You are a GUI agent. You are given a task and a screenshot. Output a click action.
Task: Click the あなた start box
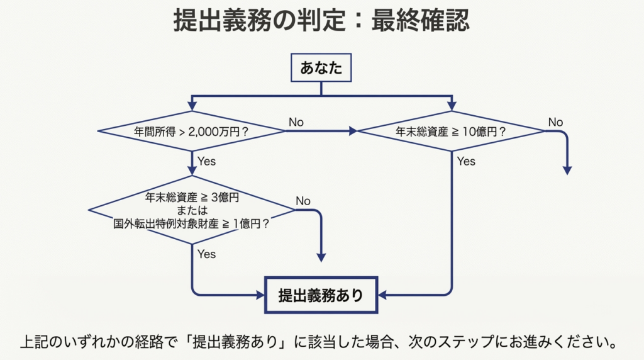tap(321, 68)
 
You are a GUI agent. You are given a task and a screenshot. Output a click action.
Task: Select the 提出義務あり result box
tap(321, 295)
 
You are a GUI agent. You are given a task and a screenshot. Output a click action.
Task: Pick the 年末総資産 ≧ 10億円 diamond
tap(451, 132)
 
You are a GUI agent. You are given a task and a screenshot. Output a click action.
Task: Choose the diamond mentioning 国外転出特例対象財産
tap(192, 210)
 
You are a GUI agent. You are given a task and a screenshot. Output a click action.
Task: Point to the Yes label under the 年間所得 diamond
tap(206, 162)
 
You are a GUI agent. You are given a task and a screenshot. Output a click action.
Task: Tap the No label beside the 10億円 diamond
tap(555, 122)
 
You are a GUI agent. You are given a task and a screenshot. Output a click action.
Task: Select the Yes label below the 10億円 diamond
tap(466, 162)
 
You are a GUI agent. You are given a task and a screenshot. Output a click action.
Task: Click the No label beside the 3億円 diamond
tap(303, 201)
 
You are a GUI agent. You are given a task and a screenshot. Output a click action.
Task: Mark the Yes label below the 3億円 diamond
tap(206, 254)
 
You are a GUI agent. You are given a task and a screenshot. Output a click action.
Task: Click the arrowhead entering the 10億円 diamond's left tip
tap(353, 132)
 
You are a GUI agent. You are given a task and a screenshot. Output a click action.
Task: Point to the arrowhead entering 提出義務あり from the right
tap(383, 295)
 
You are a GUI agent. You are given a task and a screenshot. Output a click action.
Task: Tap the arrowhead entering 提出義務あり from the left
tap(259, 295)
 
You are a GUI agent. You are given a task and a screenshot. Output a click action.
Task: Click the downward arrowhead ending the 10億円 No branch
tap(567, 170)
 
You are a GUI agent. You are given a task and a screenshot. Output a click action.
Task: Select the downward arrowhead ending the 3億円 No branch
tap(321, 257)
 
